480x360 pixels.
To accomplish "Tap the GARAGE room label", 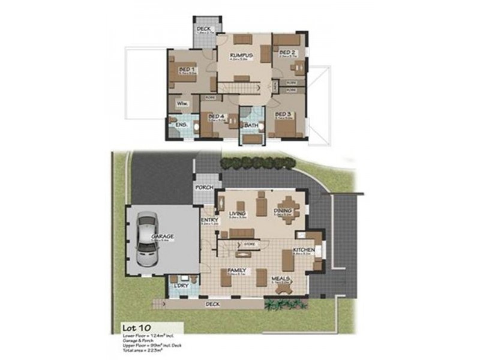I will click(163, 236).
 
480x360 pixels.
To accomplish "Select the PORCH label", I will click(203, 188).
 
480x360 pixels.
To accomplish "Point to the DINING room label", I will click(281, 212).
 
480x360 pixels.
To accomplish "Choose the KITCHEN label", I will click(302, 250).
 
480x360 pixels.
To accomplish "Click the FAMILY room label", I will click(238, 270).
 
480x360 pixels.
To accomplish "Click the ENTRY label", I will click(209, 220).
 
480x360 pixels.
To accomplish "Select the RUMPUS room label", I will click(240, 56).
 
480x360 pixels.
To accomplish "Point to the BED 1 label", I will click(187, 70).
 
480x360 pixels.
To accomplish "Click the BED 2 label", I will click(287, 53).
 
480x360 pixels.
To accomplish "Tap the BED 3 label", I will click(283, 114).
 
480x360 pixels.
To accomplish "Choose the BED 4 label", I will click(217, 115).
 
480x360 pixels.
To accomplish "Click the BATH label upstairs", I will click(251, 125).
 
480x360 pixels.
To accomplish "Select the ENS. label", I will click(182, 125).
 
